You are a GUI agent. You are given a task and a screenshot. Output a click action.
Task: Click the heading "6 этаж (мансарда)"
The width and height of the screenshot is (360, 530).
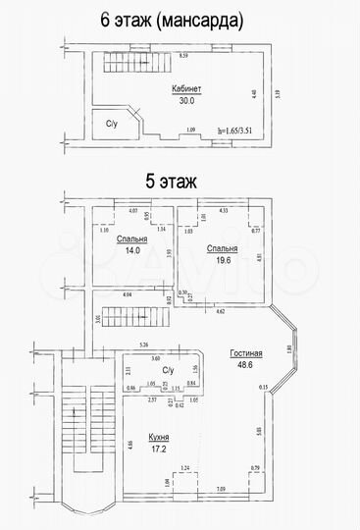179,20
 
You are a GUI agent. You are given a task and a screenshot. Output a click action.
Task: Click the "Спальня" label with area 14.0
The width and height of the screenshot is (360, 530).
131,238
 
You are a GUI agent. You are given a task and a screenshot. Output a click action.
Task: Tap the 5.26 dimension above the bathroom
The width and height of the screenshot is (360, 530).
143,344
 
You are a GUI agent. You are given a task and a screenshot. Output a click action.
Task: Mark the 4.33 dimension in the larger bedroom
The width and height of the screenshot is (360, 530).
223,210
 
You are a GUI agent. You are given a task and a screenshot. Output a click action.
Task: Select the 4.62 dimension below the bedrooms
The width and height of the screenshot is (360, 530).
221,310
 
